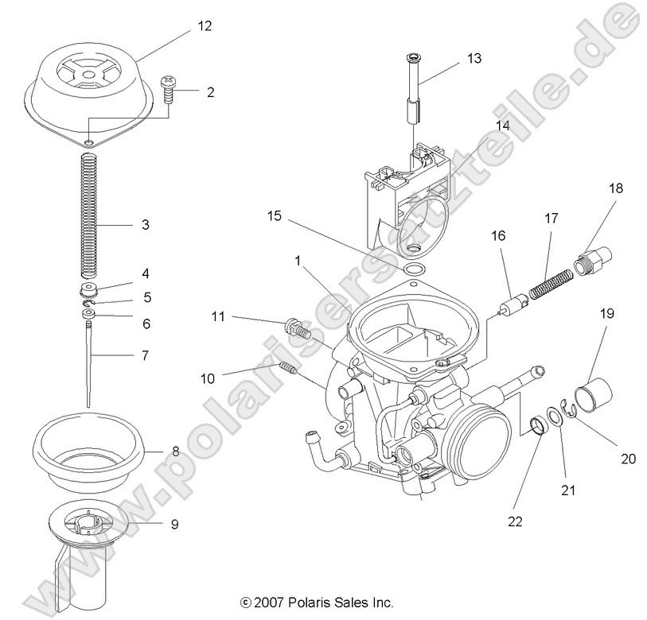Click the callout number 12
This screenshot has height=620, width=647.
tap(205, 26)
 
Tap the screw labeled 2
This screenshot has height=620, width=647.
tap(170, 89)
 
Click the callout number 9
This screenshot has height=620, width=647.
tap(173, 524)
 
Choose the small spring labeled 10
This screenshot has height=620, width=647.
tap(287, 368)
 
